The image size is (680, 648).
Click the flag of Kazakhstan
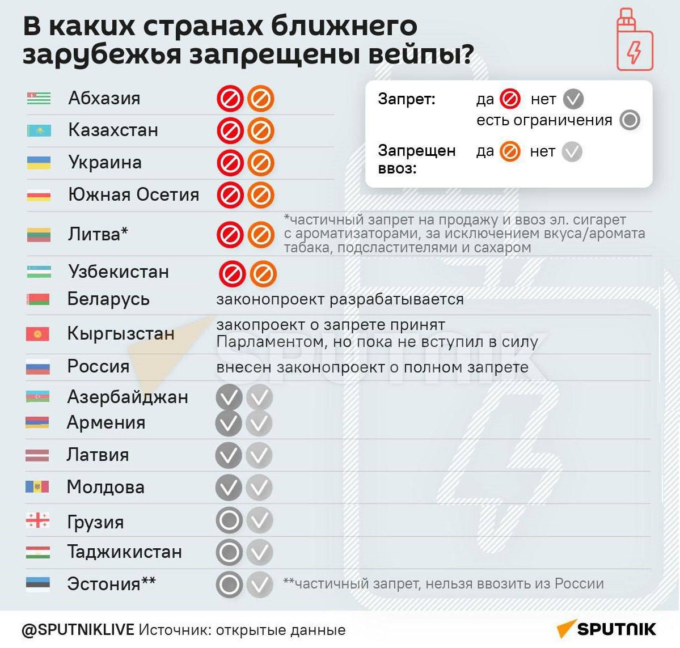pos(39,131)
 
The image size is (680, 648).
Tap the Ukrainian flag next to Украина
pos(39,163)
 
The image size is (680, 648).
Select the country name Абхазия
pos(104,98)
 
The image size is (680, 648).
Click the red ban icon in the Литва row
pos(230,235)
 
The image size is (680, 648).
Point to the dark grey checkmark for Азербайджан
pos(229,397)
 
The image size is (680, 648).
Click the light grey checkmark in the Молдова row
pos(259,488)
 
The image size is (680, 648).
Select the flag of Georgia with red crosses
pos(37,520)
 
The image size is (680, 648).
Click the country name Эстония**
pos(111,583)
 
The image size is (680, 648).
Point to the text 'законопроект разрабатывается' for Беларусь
pos(340,299)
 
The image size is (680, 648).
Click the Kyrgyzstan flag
pos(37,334)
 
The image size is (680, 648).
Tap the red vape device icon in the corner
pos(635,40)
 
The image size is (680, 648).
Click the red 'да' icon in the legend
pos(510,99)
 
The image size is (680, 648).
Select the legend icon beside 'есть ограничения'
pos(630,120)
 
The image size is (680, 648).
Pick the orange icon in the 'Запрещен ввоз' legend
pos(510,152)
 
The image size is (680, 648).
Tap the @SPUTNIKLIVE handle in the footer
pos(78,630)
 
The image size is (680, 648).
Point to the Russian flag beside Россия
pos(37,367)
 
